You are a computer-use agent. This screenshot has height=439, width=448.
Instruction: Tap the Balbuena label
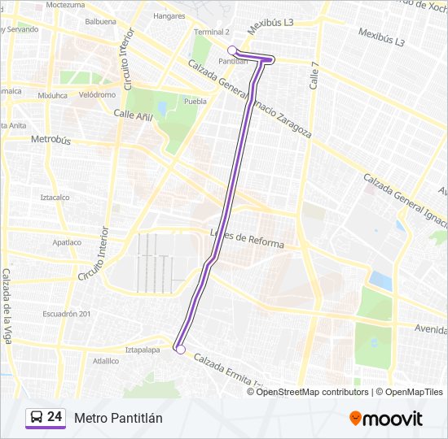(100, 21)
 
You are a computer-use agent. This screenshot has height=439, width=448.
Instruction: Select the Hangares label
(169, 15)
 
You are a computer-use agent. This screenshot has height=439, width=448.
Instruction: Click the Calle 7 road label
(313, 77)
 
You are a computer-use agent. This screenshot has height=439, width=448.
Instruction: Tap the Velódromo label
(97, 94)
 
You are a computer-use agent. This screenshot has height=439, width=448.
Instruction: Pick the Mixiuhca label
(52, 94)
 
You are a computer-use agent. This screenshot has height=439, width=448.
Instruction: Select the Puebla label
(195, 102)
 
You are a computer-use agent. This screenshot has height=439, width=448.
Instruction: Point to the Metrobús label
(51, 140)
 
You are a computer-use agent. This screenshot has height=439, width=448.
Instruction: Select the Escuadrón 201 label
(67, 314)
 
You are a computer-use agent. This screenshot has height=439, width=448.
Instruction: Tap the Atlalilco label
(106, 360)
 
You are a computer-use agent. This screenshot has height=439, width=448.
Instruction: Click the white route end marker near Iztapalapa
(180, 350)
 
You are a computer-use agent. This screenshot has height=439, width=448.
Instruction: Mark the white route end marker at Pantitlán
(232, 50)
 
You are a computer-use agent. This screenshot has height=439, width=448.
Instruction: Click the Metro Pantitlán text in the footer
(118, 418)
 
